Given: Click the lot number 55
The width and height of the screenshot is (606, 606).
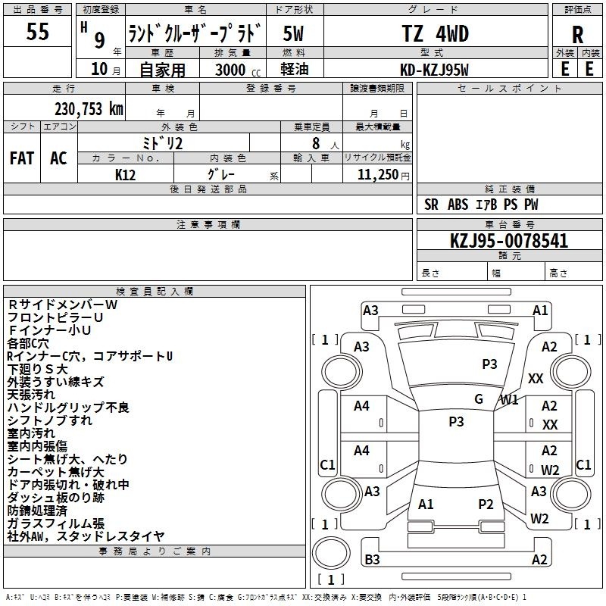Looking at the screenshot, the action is tap(37, 31).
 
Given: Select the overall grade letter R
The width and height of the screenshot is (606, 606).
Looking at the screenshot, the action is tap(577, 35).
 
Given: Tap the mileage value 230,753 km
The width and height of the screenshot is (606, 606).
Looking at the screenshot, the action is tap(89, 109).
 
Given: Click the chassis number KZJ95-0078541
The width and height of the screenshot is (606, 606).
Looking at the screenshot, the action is tap(509, 241).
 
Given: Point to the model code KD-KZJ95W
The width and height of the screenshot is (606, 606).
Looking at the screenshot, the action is tap(434, 70).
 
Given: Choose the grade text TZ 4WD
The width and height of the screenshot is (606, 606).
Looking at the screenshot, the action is tap(435, 33).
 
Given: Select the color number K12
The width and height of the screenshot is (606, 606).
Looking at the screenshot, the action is tap(125, 175).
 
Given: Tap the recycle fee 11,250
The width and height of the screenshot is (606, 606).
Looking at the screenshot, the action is tap(378, 175).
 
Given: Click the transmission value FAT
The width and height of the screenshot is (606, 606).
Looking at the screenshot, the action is tap(22, 158).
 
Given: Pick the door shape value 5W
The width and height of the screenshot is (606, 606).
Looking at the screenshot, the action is tap(293, 33).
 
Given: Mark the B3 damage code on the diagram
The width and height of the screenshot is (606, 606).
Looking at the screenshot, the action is tap(372, 559).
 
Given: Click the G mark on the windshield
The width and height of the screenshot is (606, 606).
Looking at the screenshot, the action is tap(479, 398).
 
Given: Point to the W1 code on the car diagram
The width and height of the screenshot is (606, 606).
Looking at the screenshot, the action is tap(509, 400).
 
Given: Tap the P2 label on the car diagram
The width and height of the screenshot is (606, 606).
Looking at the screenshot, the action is tap(486, 504).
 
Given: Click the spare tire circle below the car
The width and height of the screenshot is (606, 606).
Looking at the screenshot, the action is tap(331, 553).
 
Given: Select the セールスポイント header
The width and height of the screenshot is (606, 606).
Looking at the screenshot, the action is tap(509, 89).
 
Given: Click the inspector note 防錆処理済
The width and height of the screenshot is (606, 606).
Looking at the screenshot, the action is tap(37, 511).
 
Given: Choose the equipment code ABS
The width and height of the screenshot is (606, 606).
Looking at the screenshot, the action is tap(458, 205).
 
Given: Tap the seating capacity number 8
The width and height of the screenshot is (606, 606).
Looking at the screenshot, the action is tap(316, 143).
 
